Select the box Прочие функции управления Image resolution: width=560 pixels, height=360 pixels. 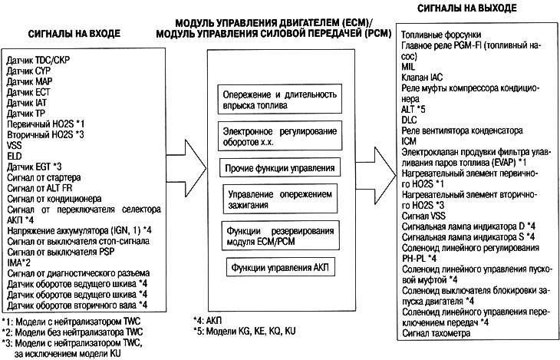click(x=279, y=167)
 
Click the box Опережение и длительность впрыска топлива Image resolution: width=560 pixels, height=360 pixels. click(x=279, y=100)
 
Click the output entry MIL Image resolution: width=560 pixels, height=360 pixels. click(x=408, y=67)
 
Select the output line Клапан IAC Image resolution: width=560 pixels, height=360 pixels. click(x=421, y=78)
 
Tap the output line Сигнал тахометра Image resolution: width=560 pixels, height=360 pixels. click(x=436, y=335)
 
